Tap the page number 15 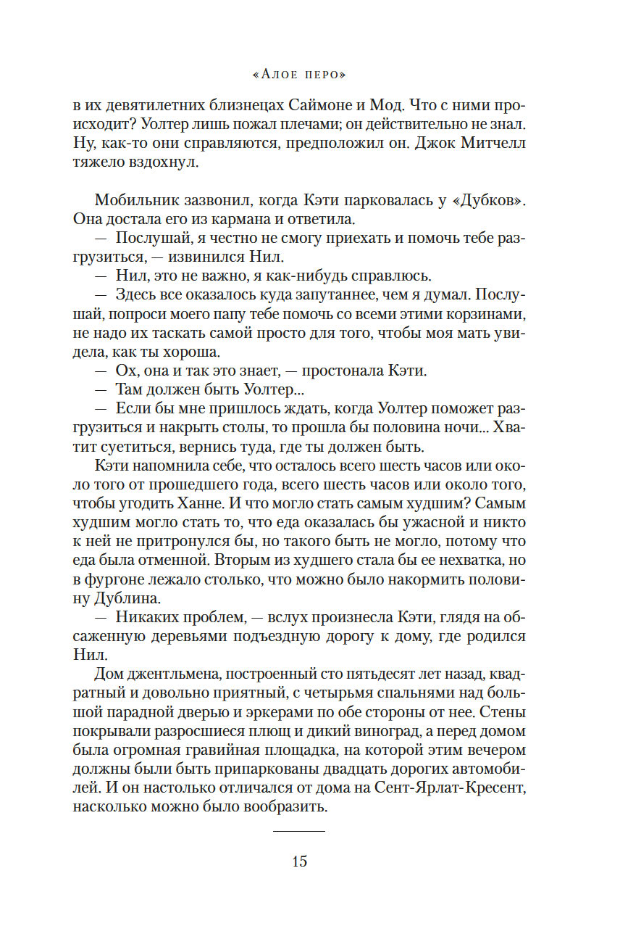coord(299,862)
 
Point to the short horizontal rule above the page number coord(299,830)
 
